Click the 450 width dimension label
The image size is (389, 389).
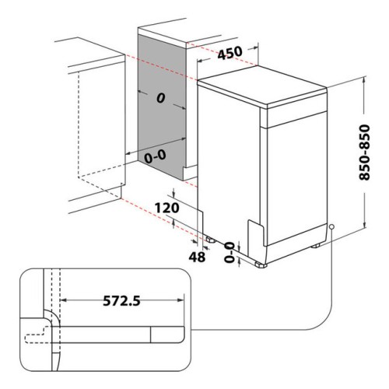pyautogui.click(x=230, y=53)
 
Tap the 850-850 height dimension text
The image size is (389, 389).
pyautogui.click(x=364, y=152)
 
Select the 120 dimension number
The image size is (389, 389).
pyautogui.click(x=166, y=208)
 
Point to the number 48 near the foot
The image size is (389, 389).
pyautogui.click(x=197, y=257)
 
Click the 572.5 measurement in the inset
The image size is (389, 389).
pyautogui.click(x=121, y=301)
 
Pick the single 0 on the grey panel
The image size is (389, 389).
pyautogui.click(x=160, y=98)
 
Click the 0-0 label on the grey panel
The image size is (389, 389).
pyautogui.click(x=155, y=157)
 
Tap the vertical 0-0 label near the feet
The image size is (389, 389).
pyautogui.click(x=230, y=252)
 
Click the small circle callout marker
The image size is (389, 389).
pyautogui.click(x=331, y=226)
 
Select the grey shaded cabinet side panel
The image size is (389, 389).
pyautogui.click(x=162, y=107)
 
